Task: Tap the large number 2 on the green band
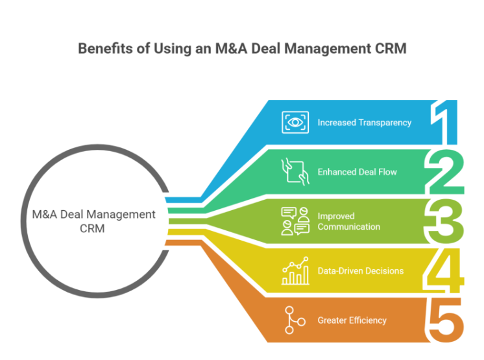tap(446, 171)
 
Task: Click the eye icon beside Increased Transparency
tap(295, 122)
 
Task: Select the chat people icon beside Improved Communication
tap(295, 221)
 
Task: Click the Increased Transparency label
tap(364, 123)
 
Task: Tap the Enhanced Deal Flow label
tap(357, 172)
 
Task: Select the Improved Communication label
tap(348, 221)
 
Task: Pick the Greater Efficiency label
tap(352, 320)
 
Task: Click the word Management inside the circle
tap(124, 215)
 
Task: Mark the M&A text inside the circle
tap(45, 215)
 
